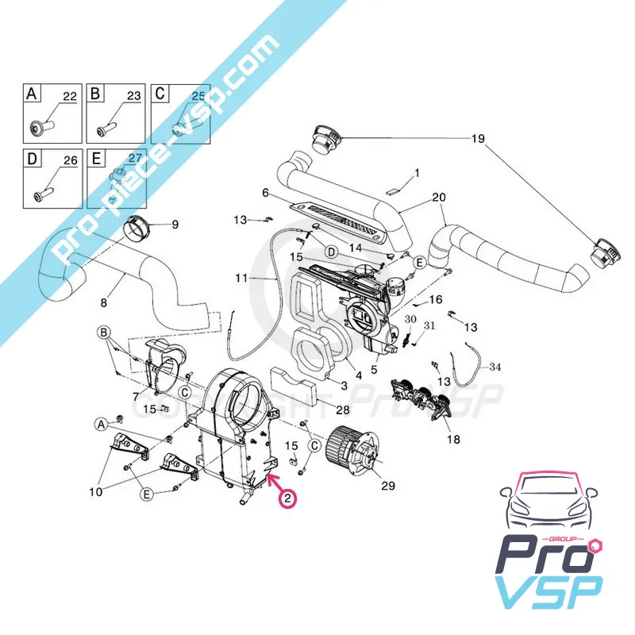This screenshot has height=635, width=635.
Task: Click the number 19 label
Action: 477,139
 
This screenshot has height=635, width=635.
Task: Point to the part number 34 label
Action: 495,368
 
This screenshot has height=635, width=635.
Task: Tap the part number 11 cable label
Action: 241,279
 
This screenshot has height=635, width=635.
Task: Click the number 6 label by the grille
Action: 266,192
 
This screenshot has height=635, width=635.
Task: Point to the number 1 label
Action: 418,172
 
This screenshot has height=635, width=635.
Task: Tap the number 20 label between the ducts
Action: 438,198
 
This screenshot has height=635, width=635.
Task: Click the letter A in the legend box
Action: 32,94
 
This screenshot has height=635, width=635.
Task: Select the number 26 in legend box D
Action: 69,160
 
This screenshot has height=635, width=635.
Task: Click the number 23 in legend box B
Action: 133,96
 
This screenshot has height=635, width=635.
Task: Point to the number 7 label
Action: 137,395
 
